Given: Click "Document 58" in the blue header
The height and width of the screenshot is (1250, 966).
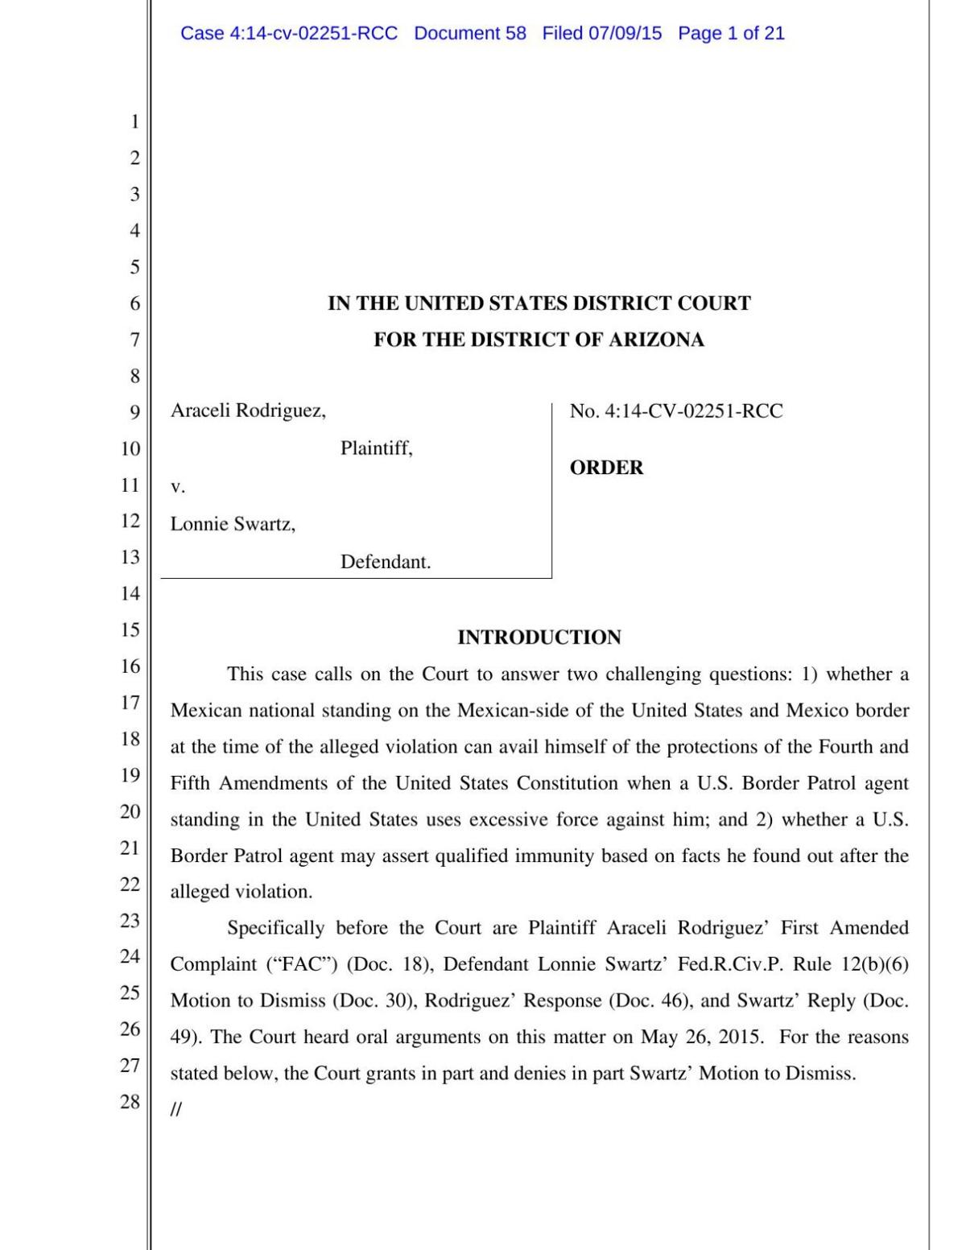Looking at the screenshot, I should [x=470, y=33].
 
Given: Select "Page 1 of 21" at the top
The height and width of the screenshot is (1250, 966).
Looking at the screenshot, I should [x=731, y=33].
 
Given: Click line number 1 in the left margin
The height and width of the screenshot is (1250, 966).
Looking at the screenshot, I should [x=134, y=122].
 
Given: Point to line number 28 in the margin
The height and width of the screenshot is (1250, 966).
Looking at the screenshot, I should [x=130, y=1101].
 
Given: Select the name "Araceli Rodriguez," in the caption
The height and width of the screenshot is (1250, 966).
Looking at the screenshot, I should [x=248, y=410].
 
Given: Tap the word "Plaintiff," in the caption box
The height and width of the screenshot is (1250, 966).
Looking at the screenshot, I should [x=376, y=448].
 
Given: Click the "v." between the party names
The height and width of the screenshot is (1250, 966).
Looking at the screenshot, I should [x=178, y=486].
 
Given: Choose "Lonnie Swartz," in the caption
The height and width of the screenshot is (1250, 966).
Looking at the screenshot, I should [x=233, y=524].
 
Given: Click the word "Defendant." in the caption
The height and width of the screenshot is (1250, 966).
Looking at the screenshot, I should [x=386, y=562].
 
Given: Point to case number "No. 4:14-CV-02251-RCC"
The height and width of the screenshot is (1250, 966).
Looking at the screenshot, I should [x=676, y=410].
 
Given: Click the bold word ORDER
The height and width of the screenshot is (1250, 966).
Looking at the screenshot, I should [x=606, y=468].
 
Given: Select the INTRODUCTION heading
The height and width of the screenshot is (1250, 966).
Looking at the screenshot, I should [x=539, y=637].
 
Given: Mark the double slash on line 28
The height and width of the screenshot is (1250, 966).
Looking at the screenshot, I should [x=176, y=1110].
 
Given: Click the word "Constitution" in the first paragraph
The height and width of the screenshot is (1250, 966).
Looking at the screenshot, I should [x=568, y=783].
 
